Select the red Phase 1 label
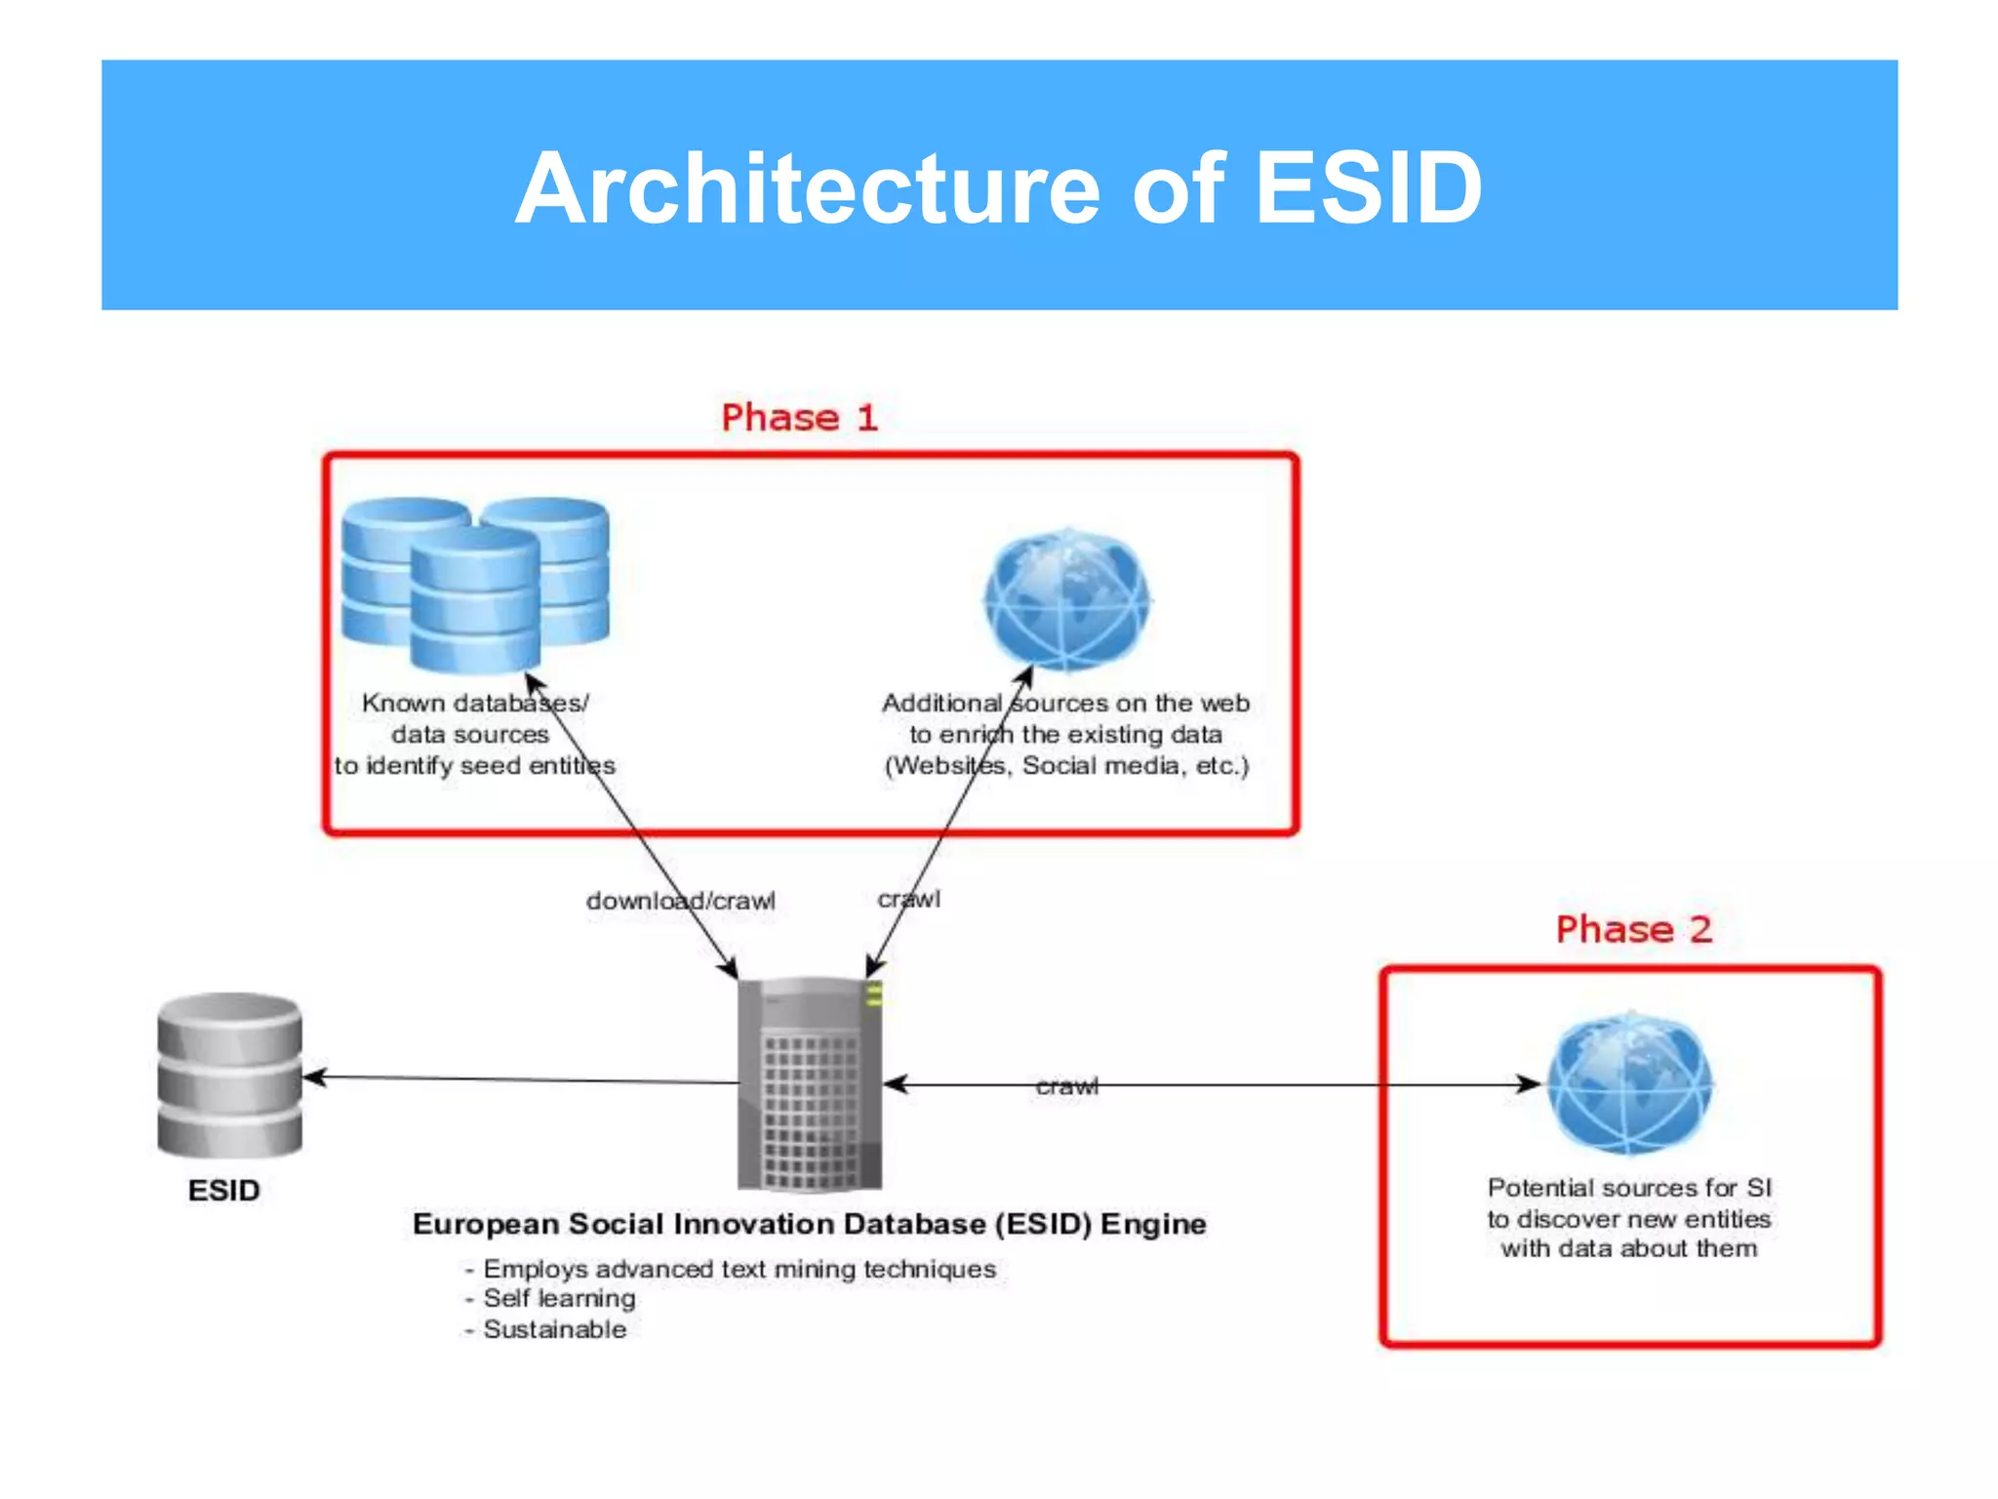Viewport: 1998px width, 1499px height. point(799,418)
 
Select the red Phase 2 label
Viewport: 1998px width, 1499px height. point(1633,929)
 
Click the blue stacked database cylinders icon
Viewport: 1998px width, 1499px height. point(475,584)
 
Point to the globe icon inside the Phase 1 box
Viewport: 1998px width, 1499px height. point(1067,598)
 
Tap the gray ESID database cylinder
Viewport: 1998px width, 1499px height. point(229,1074)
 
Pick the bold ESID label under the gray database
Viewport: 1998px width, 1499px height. point(224,1191)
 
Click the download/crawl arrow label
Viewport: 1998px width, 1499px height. point(680,901)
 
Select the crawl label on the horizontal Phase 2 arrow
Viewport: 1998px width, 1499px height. point(1066,1086)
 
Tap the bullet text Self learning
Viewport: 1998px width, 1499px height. point(559,1298)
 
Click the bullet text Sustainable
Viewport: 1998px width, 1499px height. point(554,1329)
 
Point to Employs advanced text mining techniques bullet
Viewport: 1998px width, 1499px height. point(739,1269)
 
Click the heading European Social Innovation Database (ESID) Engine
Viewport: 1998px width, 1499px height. point(809,1224)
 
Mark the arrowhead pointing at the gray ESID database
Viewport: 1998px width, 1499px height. point(311,1077)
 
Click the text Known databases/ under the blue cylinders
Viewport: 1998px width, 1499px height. point(474,703)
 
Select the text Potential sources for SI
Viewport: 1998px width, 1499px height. point(1629,1188)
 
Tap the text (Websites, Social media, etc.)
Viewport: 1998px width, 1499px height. point(1066,765)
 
